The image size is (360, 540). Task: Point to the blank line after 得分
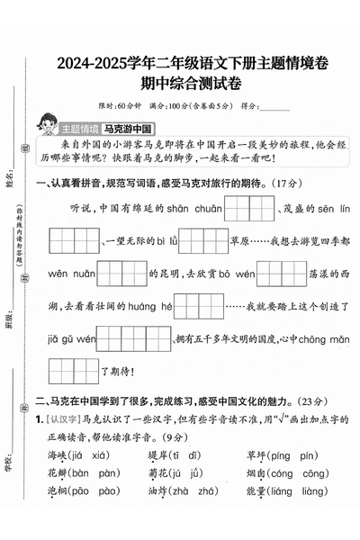tap(273, 107)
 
